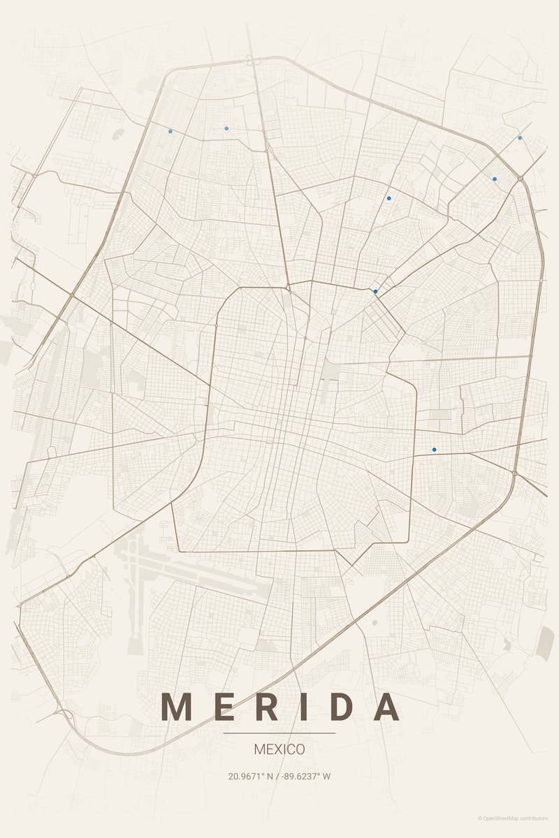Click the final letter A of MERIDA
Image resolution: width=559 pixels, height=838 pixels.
[x=385, y=707]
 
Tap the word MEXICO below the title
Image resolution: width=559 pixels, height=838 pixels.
[x=279, y=749]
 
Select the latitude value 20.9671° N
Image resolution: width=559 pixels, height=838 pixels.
[x=250, y=776]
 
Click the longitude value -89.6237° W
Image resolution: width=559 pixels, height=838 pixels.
[x=305, y=776]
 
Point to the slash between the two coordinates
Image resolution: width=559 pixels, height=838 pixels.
[x=277, y=776]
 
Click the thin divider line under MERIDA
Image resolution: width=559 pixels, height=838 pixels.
[x=279, y=733]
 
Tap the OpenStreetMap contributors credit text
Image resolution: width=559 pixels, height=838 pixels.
[x=514, y=818]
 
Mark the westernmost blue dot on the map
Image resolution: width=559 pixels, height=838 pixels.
[x=170, y=131]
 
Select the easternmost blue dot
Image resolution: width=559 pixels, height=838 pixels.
[x=520, y=138]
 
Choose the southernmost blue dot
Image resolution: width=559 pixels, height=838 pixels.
[x=434, y=450]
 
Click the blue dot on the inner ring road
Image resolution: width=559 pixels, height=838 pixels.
[x=375, y=291]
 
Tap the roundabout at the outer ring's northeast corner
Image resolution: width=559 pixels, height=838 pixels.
[x=521, y=179]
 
